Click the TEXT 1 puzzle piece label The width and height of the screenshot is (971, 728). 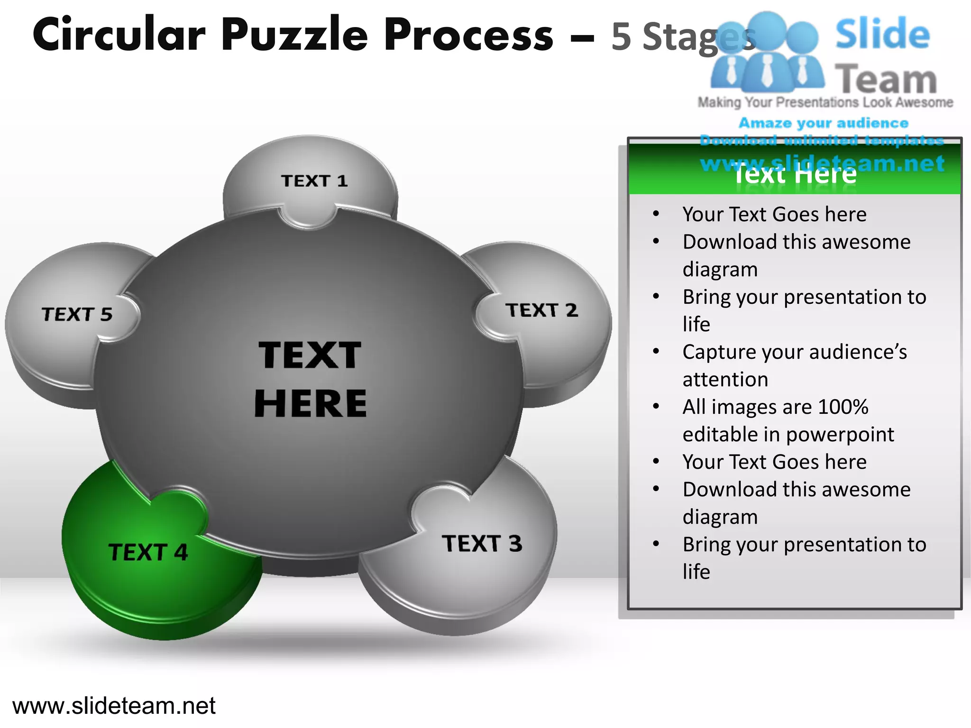(x=314, y=181)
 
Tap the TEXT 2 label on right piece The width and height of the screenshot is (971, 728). (x=541, y=310)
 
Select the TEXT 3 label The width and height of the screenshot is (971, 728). (x=482, y=544)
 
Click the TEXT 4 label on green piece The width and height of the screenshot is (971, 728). (x=148, y=552)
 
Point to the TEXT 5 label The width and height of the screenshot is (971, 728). (x=77, y=314)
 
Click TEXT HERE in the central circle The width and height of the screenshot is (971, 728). (x=311, y=379)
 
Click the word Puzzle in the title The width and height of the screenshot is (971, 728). (x=294, y=34)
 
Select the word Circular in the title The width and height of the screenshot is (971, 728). (x=119, y=34)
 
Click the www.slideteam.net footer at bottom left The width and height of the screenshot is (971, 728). (x=114, y=706)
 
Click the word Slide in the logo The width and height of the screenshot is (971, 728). (x=882, y=34)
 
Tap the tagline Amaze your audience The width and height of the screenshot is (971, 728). (x=824, y=123)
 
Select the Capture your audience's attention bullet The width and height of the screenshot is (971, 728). (x=794, y=365)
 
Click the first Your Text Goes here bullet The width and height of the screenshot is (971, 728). (x=774, y=215)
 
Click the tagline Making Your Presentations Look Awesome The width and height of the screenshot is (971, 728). (x=825, y=102)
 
